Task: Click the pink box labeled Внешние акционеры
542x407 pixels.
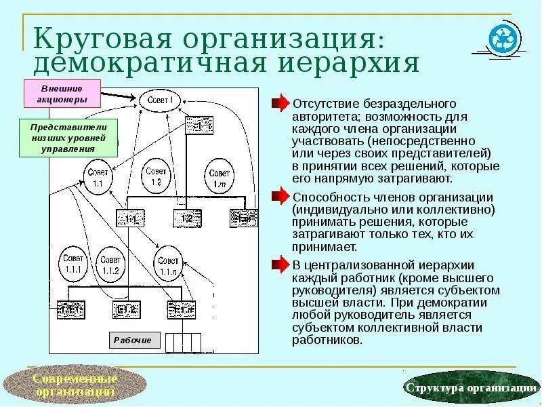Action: pyautogui.click(x=62, y=93)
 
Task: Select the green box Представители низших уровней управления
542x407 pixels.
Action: pyautogui.click(x=68, y=138)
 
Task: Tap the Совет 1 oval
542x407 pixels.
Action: pyautogui.click(x=161, y=100)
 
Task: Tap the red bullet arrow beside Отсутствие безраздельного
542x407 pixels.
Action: pyautogui.click(x=280, y=104)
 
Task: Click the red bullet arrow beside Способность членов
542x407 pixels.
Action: pyautogui.click(x=280, y=197)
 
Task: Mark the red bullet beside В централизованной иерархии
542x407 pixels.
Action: pyautogui.click(x=280, y=264)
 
